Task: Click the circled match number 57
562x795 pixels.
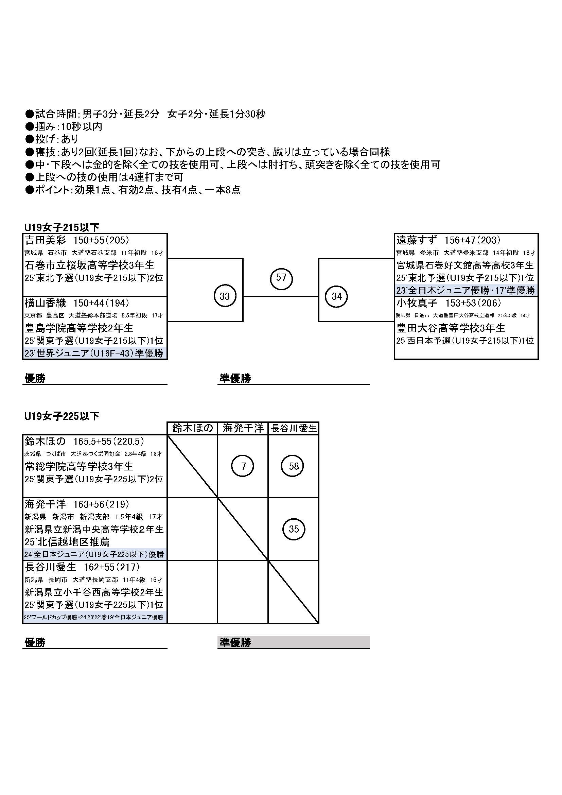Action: [281, 278]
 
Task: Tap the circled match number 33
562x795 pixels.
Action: [225, 296]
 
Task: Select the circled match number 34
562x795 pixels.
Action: [337, 296]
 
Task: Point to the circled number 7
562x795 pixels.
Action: [243, 466]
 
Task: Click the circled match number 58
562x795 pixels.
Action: [294, 466]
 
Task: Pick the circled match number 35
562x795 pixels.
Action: [294, 529]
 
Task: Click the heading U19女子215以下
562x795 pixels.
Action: [62, 227]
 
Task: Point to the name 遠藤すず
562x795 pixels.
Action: [417, 240]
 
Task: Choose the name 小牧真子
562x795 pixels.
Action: [417, 303]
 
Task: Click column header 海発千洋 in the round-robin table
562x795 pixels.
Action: [243, 428]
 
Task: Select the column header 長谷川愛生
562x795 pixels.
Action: [294, 429]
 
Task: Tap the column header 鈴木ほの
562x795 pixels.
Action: [192, 428]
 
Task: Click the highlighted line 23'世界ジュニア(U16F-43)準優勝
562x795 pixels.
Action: [94, 353]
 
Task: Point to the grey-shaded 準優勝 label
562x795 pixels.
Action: [235, 643]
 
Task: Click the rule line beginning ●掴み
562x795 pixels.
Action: [64, 127]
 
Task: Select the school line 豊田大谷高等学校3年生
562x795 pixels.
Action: [451, 328]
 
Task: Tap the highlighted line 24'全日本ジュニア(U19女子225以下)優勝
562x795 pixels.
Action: [94, 554]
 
